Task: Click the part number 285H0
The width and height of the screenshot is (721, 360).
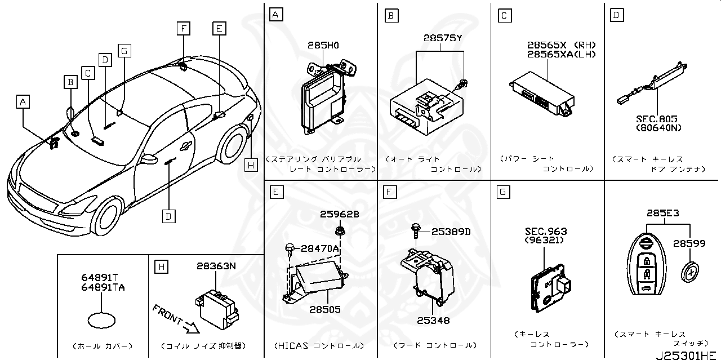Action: coord(323,45)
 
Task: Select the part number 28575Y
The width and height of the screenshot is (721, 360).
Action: coord(443,38)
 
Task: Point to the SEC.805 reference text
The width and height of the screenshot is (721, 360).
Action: coord(656,119)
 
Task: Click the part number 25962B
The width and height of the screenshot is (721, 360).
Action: coord(339,214)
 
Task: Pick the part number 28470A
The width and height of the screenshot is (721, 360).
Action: coord(319,248)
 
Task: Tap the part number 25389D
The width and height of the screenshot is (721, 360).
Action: coord(451,232)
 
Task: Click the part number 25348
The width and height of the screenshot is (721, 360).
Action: coord(433,321)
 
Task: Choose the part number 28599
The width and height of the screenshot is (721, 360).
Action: coord(689,243)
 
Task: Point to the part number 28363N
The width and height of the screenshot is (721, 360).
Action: coord(216,266)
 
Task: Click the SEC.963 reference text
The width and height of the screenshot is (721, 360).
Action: coord(546,232)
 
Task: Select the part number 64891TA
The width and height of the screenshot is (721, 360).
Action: coord(102,287)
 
